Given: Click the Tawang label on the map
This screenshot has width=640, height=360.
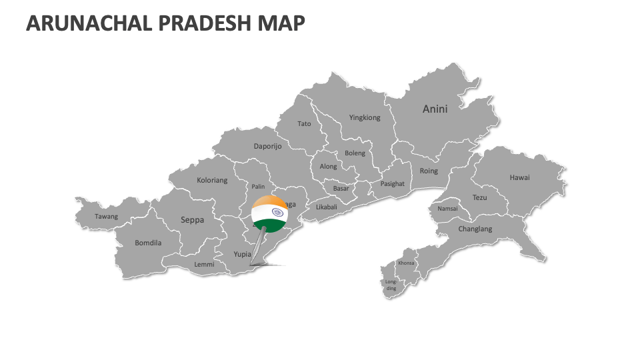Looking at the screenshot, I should [x=106, y=217].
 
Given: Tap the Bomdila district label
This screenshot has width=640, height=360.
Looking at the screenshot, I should [x=148, y=243].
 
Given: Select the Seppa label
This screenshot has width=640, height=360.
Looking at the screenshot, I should [x=193, y=219].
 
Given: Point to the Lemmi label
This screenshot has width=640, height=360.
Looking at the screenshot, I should [x=204, y=265].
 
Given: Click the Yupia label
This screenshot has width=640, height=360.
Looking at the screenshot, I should [x=242, y=254].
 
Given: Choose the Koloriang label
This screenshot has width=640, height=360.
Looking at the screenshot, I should [x=212, y=180].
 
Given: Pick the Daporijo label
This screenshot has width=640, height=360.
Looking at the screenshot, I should [x=267, y=147].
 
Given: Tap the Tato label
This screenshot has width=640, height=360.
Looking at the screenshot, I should [x=304, y=124].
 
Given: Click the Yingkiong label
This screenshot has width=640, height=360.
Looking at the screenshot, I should [x=365, y=118].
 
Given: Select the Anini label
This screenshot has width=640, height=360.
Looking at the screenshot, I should [x=435, y=109].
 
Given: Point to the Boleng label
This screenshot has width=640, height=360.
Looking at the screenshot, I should [x=355, y=153].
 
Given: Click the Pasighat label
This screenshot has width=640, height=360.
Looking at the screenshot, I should [x=392, y=184].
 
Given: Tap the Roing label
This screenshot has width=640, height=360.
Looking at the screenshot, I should [x=429, y=171].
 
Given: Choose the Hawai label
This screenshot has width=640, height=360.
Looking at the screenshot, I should [x=519, y=178].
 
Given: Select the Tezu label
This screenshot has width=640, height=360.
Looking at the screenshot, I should [x=480, y=198].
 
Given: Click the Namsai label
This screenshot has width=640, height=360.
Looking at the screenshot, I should [x=447, y=209].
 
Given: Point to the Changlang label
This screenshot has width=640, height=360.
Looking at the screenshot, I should [x=475, y=229].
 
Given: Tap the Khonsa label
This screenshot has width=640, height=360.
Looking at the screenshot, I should [x=406, y=263].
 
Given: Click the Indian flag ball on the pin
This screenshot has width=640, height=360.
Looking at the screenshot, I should [x=269, y=213].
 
